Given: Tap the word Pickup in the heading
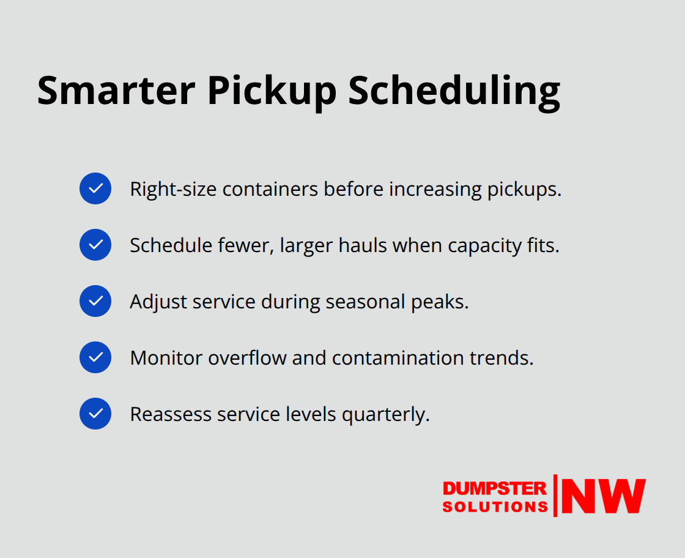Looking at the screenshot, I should click(x=272, y=91).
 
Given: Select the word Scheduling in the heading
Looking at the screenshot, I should click(x=454, y=91).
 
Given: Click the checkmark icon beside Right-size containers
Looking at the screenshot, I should click(x=95, y=188).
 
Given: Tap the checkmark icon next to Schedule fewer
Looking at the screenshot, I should click(x=95, y=245).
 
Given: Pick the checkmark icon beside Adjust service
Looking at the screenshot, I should click(x=95, y=301).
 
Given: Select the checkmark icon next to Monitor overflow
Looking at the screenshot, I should click(x=95, y=357).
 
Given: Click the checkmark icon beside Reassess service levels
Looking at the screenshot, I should click(x=95, y=414).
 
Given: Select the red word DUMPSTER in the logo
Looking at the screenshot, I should click(x=494, y=488).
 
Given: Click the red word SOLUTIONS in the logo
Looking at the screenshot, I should click(x=495, y=507).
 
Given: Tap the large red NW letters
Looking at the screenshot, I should click(x=603, y=496).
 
